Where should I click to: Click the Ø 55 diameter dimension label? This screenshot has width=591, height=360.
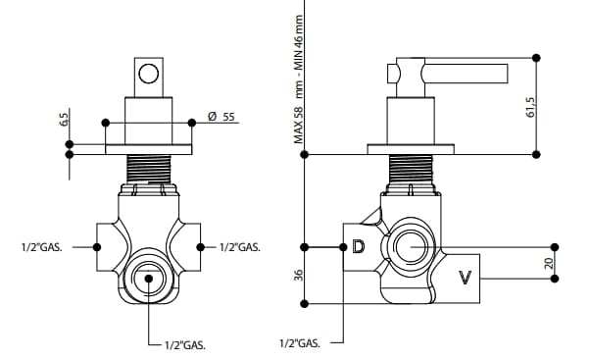click(222, 117)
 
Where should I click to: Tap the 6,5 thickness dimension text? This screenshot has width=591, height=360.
click(66, 120)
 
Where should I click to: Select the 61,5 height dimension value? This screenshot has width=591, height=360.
click(530, 107)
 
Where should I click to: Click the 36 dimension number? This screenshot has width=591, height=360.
click(298, 275)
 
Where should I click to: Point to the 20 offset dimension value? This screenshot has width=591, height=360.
click(549, 263)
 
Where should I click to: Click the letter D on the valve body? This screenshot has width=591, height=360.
click(359, 247)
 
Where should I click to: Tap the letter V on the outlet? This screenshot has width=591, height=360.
click(466, 278)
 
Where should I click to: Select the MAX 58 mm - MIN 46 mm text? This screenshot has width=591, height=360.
click(299, 79)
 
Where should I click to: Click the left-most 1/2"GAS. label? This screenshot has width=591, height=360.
click(42, 247)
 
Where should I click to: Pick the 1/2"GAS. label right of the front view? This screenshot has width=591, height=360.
click(240, 247)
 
